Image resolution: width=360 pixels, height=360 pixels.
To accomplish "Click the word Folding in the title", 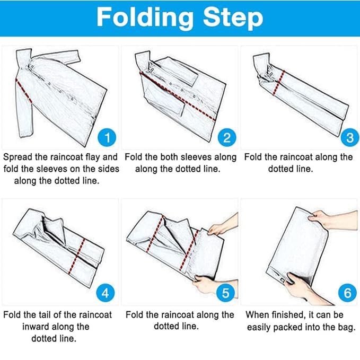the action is pyautogui.click(x=145, y=18).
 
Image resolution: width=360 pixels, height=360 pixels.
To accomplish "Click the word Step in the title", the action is pyautogui.click(x=233, y=19).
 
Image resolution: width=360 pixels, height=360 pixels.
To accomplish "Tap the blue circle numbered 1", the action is pyautogui.click(x=107, y=137).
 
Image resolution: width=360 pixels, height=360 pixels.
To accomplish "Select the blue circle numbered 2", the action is pyautogui.click(x=227, y=137).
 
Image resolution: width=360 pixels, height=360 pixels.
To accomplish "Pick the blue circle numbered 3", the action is pyautogui.click(x=350, y=137).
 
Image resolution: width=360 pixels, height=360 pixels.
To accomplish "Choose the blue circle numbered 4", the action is pyautogui.click(x=106, y=293).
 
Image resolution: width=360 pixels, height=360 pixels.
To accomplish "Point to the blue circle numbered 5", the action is pyautogui.click(x=226, y=293).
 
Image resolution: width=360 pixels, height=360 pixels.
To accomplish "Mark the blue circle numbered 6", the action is pyautogui.click(x=347, y=293).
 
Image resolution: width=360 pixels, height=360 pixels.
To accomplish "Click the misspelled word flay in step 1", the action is pyautogui.click(x=93, y=157).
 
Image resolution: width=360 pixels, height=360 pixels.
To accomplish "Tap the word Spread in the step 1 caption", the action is pyautogui.click(x=17, y=157).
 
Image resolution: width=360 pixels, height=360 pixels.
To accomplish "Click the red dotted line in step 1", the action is pyautogui.click(x=24, y=91).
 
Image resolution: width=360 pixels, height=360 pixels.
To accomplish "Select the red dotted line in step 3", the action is pyautogui.click(x=279, y=83).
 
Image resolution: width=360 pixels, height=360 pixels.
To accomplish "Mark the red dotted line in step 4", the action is pyautogui.click(x=77, y=256).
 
